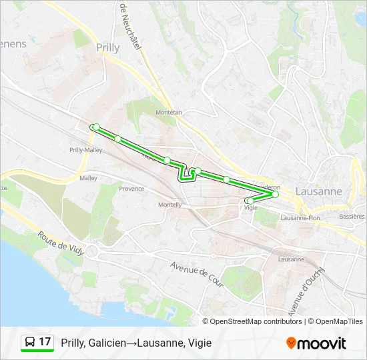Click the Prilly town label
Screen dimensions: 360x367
pyautogui.click(x=108, y=47)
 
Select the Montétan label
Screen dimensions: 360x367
pyautogui.click(x=168, y=113)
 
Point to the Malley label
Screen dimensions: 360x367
pyautogui.click(x=88, y=178)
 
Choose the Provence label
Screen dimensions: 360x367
pyautogui.click(x=131, y=189)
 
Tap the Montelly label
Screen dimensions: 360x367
pyautogui.click(x=170, y=205)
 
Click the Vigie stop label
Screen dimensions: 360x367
pyautogui.click(x=251, y=208)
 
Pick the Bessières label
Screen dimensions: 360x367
pyautogui.click(x=352, y=217)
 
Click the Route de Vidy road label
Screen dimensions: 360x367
pyautogui.click(x=60, y=244)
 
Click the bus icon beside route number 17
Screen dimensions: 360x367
pyautogui.click(x=31, y=343)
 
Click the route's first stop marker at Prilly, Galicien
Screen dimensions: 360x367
pyautogui.click(x=96, y=127)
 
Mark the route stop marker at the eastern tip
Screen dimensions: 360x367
pyautogui.click(x=275, y=195)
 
